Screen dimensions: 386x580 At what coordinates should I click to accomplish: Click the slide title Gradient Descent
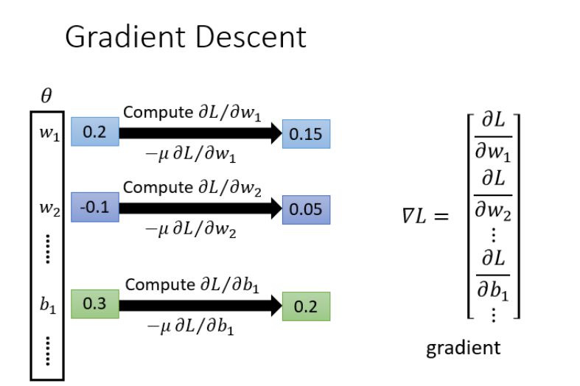point(185,37)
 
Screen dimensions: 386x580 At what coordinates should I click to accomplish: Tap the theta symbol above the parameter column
point(46,96)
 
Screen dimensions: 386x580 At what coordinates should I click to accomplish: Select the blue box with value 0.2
point(94,133)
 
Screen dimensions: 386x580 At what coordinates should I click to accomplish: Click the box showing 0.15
point(306,135)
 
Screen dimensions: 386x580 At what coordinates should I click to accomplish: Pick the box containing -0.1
point(94,207)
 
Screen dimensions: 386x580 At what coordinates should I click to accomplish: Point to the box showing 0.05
point(306,209)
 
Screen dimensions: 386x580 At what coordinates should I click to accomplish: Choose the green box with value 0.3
point(94,303)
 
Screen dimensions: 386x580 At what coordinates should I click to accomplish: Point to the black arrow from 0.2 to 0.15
point(199,133)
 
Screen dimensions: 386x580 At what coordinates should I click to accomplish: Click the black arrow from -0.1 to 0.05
point(199,208)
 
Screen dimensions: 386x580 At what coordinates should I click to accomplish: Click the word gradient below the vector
point(463,347)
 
